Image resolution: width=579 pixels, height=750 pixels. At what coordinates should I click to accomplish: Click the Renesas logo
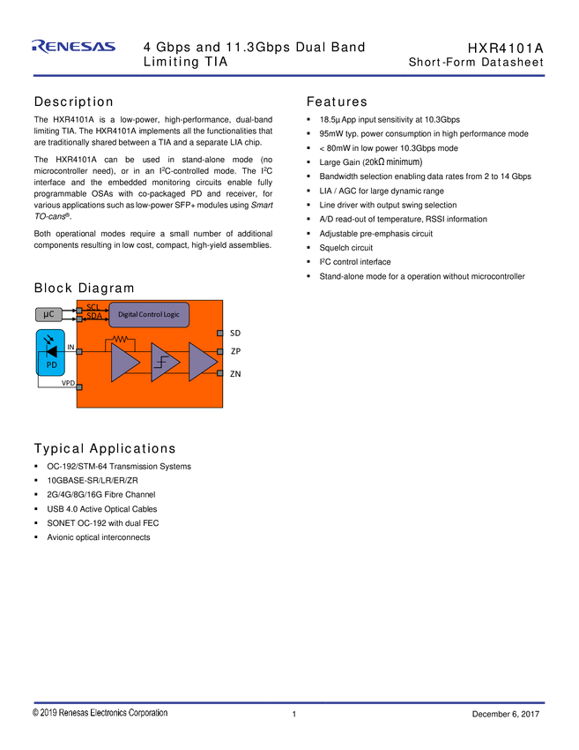[x=73, y=47]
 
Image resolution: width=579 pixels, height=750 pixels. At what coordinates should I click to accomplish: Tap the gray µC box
[x=49, y=314]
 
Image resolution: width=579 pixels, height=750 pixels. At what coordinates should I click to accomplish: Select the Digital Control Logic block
[x=149, y=314]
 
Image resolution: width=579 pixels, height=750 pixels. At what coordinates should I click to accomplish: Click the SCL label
[x=93, y=307]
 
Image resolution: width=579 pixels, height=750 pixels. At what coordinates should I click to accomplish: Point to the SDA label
[x=94, y=316]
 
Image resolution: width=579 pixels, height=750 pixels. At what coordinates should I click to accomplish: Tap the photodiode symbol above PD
[x=50, y=350]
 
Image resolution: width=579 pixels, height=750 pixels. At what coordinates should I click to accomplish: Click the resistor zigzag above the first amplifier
[x=120, y=339]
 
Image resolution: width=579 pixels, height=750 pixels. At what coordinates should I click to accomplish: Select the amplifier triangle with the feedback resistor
[x=123, y=363]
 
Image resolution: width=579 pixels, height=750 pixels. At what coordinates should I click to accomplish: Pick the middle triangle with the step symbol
[x=163, y=363]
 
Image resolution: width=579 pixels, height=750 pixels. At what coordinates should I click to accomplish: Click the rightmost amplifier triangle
[x=201, y=363]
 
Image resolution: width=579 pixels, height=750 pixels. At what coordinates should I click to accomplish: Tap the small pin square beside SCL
[x=79, y=311]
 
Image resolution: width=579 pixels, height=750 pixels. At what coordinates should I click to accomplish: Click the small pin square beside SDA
[x=79, y=319]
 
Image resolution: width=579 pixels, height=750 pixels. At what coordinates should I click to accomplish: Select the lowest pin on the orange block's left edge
[x=79, y=386]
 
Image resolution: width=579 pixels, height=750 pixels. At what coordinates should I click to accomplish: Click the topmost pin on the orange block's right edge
[x=219, y=333]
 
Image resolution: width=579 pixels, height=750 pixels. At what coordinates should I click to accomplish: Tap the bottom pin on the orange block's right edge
[x=219, y=373]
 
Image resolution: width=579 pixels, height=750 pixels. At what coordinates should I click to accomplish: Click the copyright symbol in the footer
[x=36, y=713]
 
